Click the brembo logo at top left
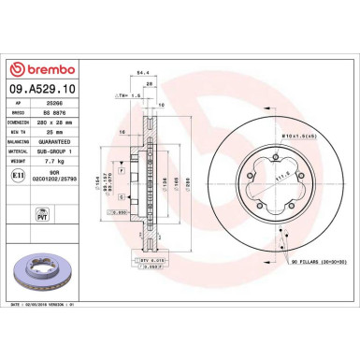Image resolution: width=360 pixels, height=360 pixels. [x=32, y=68]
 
